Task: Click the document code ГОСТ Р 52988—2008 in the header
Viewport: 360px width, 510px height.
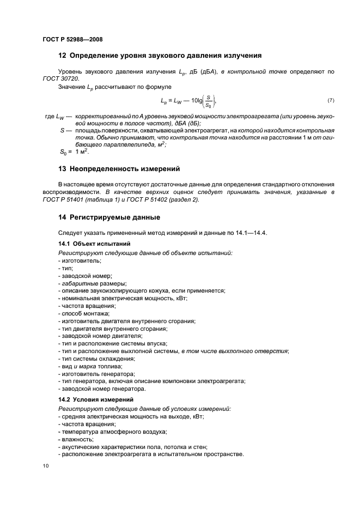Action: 72,39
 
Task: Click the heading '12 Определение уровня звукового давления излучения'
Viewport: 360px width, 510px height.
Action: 160,56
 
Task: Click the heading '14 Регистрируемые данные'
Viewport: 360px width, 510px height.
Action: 109,218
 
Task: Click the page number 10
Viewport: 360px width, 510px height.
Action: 46,466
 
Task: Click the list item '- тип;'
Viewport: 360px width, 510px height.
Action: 65,269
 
